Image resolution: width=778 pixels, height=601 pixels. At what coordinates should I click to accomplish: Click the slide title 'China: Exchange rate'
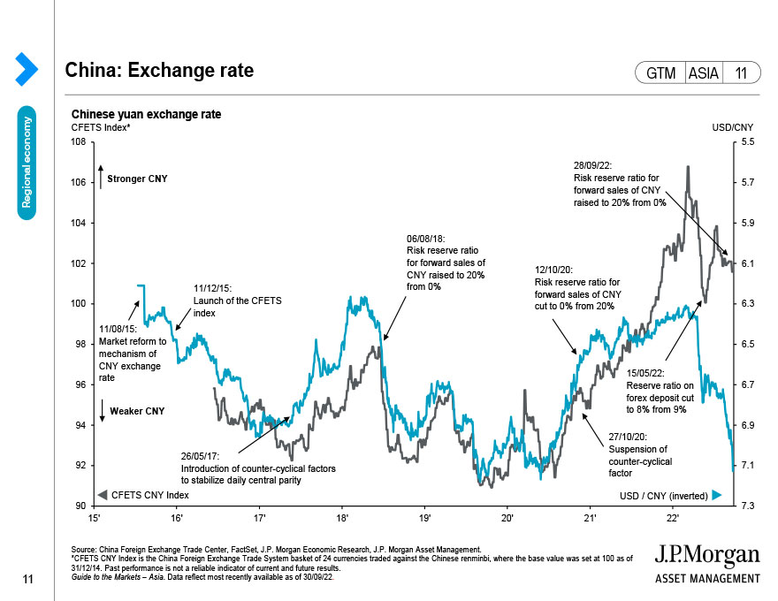tap(159, 70)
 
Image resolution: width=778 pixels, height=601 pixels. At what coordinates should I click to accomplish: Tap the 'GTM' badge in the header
tap(660, 73)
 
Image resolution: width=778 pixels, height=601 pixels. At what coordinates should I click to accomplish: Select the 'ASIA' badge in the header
tap(704, 73)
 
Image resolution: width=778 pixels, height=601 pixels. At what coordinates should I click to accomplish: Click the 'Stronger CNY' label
tap(137, 179)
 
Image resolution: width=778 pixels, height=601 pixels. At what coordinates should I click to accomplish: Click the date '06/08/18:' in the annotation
tap(425, 239)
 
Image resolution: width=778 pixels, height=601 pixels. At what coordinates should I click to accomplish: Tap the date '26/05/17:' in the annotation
tap(203, 457)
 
